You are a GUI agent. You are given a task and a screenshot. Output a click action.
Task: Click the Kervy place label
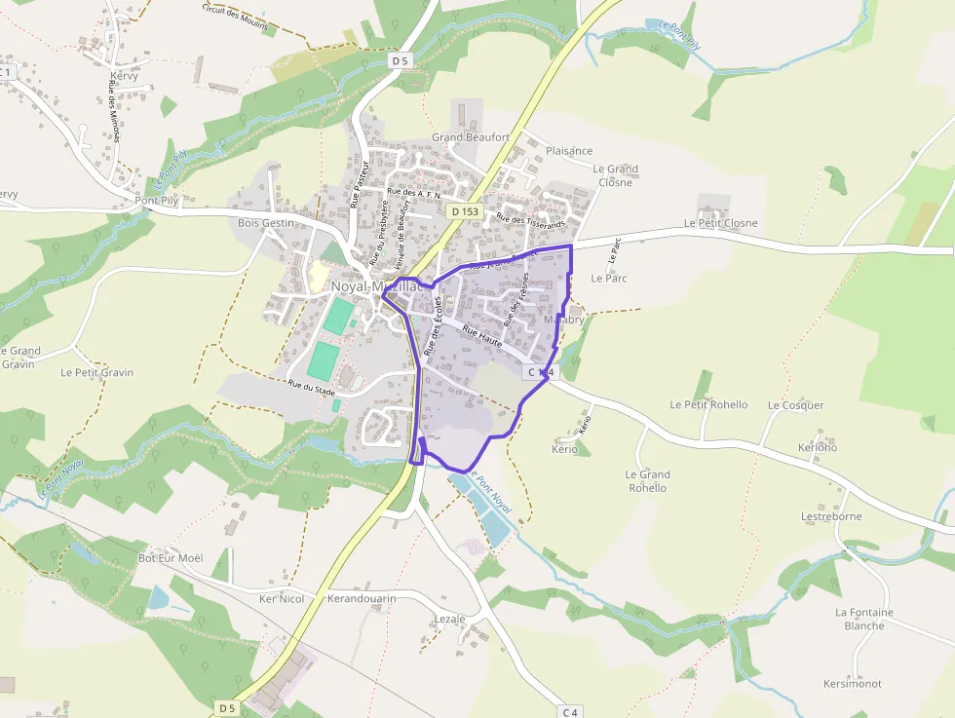click(125, 75)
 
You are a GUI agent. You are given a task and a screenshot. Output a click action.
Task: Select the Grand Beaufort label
click(471, 137)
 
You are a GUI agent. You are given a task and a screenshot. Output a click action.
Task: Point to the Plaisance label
click(569, 151)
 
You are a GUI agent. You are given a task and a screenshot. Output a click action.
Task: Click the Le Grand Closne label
click(616, 175)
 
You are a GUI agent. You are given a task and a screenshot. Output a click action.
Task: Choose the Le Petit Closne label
click(720, 223)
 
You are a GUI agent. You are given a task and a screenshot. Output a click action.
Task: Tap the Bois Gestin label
click(265, 223)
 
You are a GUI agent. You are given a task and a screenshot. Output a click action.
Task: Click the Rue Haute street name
click(482, 337)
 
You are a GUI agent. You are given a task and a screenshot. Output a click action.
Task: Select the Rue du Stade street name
click(311, 388)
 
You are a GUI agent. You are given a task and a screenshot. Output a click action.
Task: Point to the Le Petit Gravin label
click(96, 372)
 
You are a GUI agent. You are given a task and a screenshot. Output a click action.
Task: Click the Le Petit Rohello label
click(708, 404)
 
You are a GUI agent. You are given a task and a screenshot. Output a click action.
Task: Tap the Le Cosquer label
click(795, 405)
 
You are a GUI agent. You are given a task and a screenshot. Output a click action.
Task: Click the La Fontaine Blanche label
click(864, 619)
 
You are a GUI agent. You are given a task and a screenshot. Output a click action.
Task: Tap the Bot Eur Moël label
click(171, 558)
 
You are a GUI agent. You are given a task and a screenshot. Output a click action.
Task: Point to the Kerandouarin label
click(363, 598)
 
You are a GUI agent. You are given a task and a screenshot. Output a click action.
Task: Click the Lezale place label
click(449, 619)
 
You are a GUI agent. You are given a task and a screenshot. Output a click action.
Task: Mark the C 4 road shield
click(569, 712)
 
